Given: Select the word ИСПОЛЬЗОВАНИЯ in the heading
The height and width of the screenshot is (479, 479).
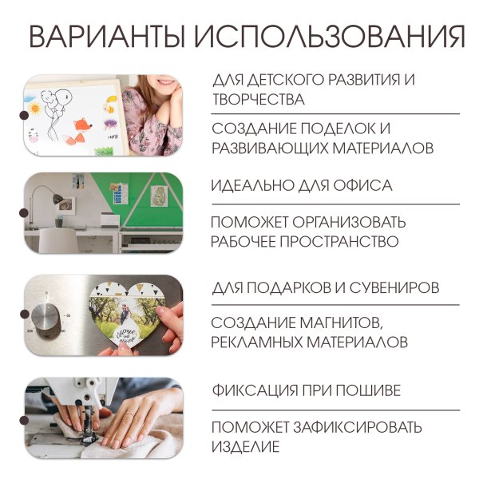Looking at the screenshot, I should pos(330,37).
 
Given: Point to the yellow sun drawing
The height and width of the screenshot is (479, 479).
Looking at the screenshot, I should pos(36,106).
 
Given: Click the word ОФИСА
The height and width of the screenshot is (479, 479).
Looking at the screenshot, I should pos(364,185).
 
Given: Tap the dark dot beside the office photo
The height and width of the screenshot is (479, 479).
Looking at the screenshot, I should pos(24,212).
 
